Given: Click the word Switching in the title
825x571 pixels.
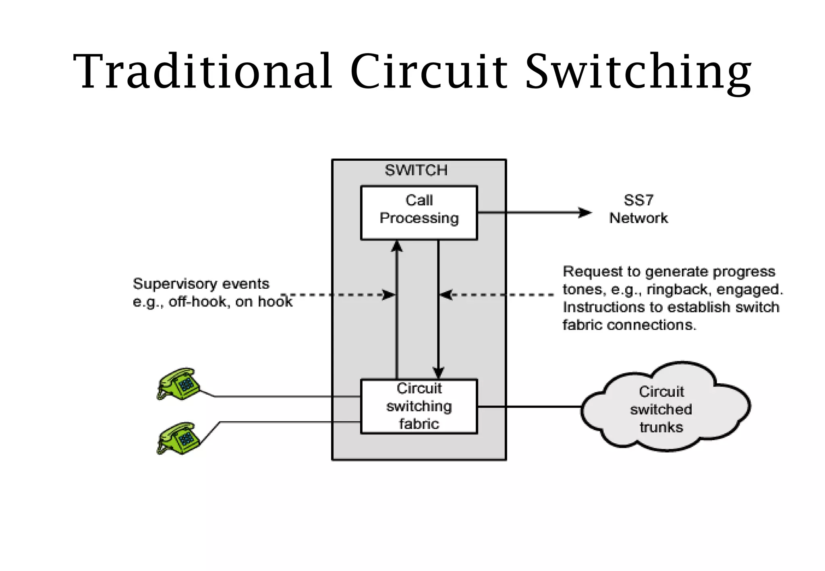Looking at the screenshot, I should point(638,71).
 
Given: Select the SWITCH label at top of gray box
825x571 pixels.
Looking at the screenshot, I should point(416,170).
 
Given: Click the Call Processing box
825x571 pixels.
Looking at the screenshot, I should point(419,213).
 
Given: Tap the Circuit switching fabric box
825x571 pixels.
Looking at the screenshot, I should point(419,406).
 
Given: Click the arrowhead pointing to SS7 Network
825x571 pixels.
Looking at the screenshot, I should point(585,213).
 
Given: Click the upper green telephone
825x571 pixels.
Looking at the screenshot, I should point(178,384).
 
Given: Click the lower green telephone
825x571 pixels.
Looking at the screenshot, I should point(178,439).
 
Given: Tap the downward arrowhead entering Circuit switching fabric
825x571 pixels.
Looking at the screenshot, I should point(438,372).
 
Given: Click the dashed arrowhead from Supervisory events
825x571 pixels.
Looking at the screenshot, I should point(389,295).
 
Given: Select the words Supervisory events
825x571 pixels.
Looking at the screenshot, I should point(201,284).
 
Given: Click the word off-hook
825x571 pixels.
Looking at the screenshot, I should point(197,302).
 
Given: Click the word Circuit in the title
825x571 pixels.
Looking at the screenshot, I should point(429,71).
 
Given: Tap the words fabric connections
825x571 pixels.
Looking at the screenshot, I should point(629,325).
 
